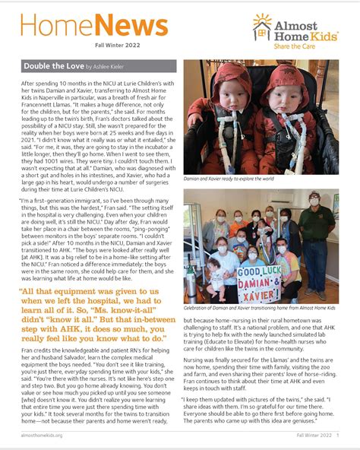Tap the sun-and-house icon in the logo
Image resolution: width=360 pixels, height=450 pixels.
point(262,26)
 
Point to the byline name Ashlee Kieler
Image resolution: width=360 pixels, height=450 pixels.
point(112,68)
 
